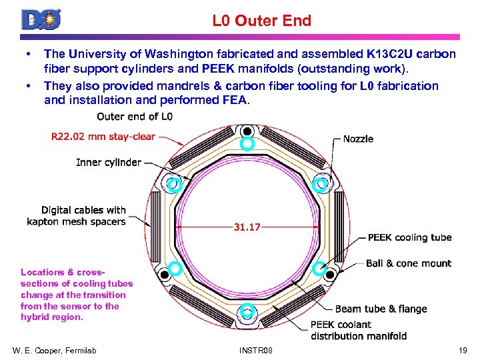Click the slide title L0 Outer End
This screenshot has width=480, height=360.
261,21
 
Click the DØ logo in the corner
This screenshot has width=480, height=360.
41,19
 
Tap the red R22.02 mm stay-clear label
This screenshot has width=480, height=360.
103,137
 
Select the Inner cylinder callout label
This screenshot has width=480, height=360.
108,162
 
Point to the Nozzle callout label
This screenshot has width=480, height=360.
358,139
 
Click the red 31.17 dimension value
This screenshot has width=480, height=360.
247,227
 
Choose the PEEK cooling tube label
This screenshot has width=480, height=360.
409,237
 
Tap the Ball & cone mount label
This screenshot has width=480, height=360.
409,263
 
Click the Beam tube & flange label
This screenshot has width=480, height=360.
381,309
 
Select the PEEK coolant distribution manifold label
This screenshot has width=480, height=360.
359,330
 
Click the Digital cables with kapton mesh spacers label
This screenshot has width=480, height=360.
76,215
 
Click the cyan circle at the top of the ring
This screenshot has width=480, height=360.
247,143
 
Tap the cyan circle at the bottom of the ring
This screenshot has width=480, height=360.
247,309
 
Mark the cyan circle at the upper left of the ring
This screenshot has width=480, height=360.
174,185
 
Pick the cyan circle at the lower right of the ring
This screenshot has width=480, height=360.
319,268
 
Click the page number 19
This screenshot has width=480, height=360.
463,350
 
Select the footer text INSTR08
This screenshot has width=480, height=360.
255,350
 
